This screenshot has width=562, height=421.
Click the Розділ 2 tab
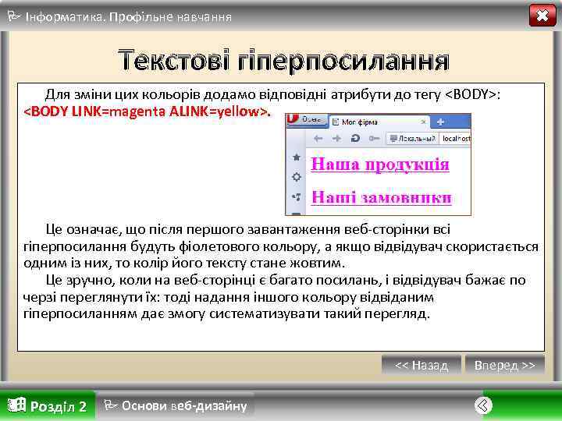[x=48, y=405]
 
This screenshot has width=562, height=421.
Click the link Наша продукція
[x=380, y=165]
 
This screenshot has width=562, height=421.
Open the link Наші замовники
[x=381, y=197]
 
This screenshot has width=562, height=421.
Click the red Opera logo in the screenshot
[x=294, y=120]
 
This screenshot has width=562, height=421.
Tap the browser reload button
[x=356, y=138]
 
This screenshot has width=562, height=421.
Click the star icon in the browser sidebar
[x=296, y=157]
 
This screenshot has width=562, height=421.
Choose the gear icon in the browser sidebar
[x=296, y=177]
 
